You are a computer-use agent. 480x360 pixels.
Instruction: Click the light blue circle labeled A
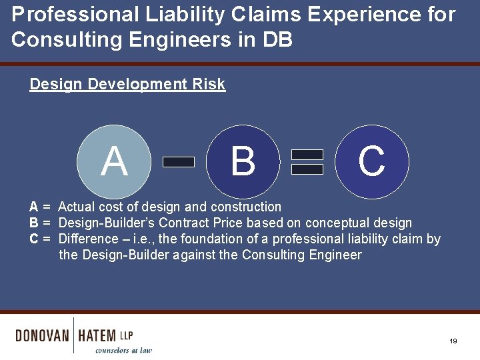coord(114,161)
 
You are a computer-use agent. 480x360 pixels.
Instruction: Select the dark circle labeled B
coord(243,161)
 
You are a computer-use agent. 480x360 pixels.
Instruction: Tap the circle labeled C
coord(371,161)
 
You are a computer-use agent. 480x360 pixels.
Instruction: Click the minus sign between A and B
coord(179,161)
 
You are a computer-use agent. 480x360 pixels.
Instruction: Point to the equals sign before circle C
coord(307,161)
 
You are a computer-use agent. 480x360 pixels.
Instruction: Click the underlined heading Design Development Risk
coord(127,85)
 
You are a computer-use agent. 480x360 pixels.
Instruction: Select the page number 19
coord(453,341)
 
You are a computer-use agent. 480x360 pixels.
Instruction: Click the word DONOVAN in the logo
coord(42,335)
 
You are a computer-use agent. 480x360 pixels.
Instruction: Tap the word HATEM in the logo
coord(97,335)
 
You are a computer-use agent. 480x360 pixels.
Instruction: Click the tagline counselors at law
coord(123,350)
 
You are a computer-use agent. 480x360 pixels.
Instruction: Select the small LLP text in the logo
coord(126,334)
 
